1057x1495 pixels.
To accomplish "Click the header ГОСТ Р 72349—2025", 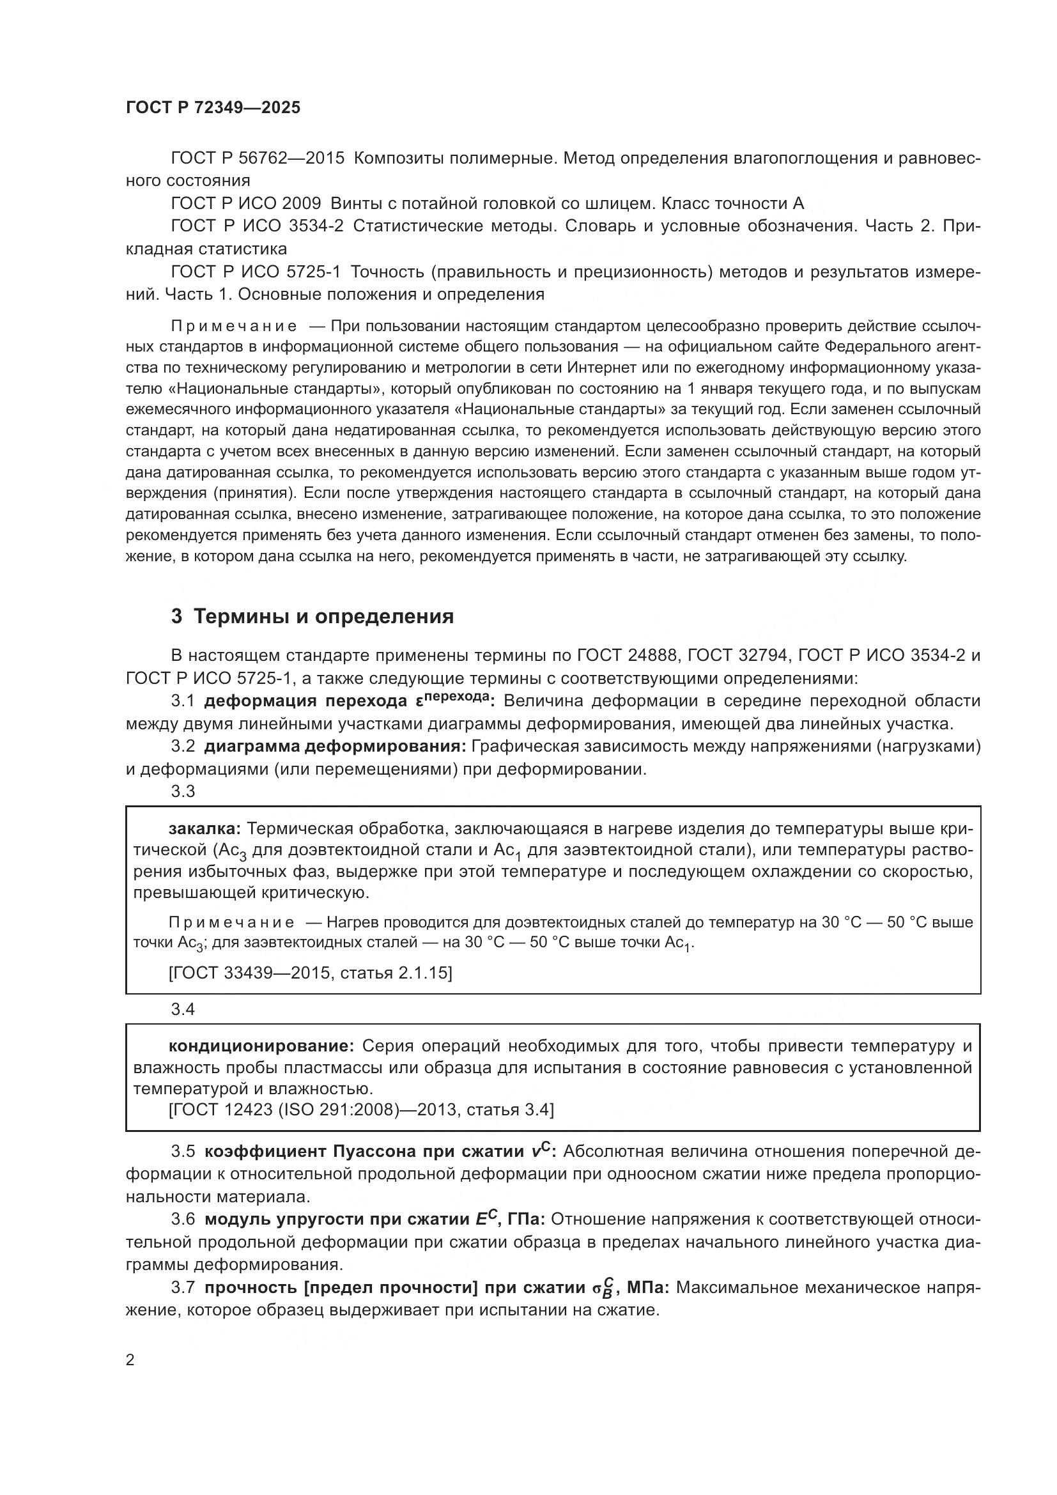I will pos(213,108).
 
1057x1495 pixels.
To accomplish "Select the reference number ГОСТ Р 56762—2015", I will pos(258,159).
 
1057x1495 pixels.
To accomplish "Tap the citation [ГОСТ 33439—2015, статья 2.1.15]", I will pos(310,973).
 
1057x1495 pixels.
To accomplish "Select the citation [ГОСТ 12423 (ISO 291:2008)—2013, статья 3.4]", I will pos(361,1110).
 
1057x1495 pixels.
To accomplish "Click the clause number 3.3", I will pos(183,791).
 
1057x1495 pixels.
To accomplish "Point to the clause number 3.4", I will pos(183,1009).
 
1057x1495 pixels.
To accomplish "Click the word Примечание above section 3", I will pos(234,326).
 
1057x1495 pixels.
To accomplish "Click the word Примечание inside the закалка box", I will pos(231,923).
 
